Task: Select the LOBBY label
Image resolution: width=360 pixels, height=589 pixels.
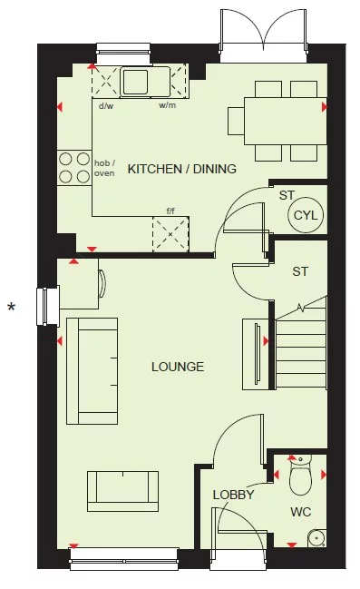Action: [232, 495]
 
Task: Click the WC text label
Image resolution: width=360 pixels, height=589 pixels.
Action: [301, 513]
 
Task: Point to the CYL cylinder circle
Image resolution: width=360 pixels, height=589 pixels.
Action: [301, 215]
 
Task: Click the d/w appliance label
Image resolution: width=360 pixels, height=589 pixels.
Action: [105, 106]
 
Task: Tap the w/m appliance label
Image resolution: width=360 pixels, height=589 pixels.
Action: [167, 106]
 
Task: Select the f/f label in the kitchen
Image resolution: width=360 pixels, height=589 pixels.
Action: [170, 211]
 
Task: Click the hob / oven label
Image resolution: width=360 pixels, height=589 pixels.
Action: [104, 168]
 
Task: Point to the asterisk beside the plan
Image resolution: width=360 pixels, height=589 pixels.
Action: [12, 309]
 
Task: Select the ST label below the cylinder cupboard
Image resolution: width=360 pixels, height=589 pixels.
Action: [300, 271]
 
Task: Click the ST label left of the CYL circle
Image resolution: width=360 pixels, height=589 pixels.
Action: [287, 194]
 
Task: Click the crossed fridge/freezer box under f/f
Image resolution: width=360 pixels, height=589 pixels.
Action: [170, 234]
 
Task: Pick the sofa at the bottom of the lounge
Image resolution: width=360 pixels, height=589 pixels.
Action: [120, 491]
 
